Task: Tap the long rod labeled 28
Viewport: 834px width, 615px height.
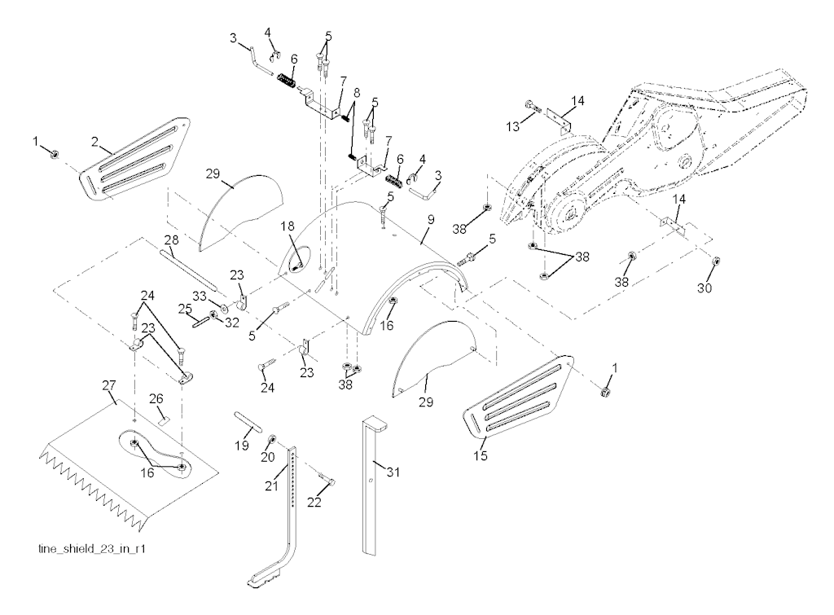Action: coord(187,270)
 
